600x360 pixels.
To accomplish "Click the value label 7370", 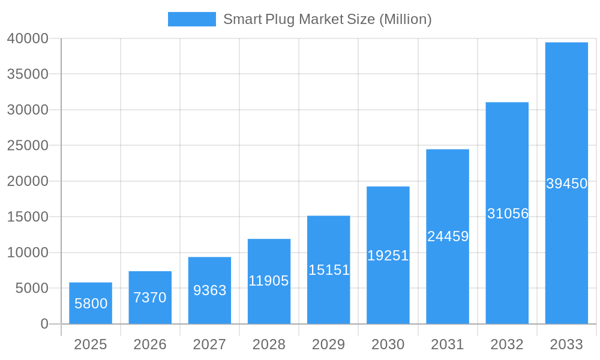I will [150, 298].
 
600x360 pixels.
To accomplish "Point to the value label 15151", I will [329, 270].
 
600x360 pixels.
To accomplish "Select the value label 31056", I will [508, 214].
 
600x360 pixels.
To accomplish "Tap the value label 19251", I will [388, 256].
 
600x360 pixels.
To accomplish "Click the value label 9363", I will [210, 290].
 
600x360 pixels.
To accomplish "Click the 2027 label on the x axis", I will [209, 344].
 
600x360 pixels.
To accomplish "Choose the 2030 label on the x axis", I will [388, 344].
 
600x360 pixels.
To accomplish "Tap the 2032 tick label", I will [507, 344].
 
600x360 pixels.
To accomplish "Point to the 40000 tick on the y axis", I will [28, 38].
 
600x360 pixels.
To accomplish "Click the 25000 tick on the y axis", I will [28, 146].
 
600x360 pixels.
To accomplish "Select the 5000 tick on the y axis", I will [31, 289].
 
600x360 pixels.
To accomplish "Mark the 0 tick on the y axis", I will [44, 324].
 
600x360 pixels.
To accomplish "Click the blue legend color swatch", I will [191, 19].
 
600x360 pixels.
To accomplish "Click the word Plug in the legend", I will [280, 19].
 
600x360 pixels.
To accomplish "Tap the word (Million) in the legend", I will [405, 19].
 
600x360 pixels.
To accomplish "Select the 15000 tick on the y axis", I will [28, 217].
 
